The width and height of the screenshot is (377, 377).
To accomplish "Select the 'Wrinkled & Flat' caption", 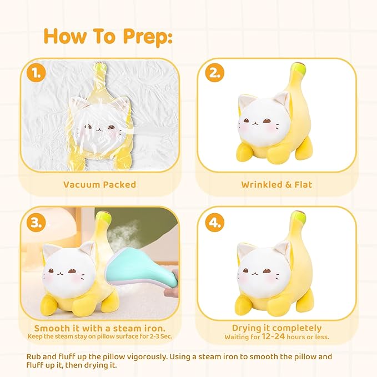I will (x=276, y=184).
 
